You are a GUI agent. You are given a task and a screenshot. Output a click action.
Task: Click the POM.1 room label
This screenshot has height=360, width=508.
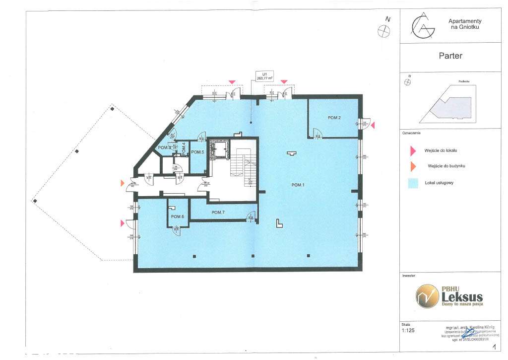(x=298, y=185)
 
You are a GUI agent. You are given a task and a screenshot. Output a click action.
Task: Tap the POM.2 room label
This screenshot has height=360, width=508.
(x=334, y=118)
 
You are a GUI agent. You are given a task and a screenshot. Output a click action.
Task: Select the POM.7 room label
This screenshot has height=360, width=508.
(x=218, y=213)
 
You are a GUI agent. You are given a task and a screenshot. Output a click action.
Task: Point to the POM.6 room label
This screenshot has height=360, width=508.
(x=178, y=217)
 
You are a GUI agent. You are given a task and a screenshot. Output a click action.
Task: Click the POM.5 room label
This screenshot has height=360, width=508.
(x=198, y=152)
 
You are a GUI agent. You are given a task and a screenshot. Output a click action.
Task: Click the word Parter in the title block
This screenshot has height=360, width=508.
(x=450, y=56)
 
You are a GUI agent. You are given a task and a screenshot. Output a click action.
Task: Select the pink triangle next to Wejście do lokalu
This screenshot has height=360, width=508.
(x=411, y=150)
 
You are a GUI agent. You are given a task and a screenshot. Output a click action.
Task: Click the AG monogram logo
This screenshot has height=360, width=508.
(x=422, y=26)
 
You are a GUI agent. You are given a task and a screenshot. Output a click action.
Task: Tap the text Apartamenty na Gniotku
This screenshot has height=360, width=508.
(x=465, y=24)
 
